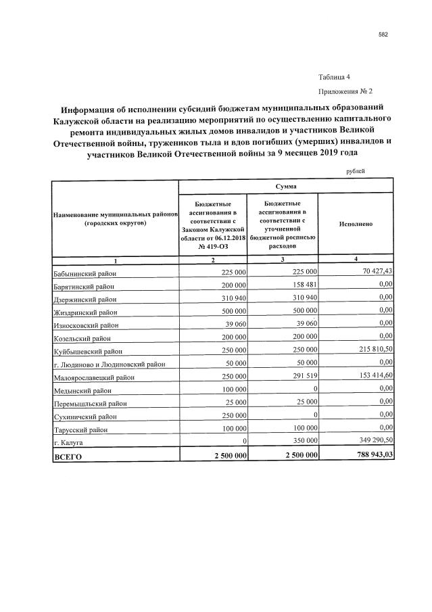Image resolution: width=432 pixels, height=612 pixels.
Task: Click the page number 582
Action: [382, 34]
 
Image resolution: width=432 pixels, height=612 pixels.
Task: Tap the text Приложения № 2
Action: [345, 91]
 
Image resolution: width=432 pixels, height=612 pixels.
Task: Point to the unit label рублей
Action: [355, 171]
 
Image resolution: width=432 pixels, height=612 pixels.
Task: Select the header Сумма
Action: [285, 185]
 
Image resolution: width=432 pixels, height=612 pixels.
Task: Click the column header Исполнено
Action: [355, 223]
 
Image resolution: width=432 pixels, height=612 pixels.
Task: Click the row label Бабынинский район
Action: [85, 273]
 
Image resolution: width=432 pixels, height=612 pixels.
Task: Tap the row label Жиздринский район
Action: [85, 312]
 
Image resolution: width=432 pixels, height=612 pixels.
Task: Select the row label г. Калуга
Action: [68, 442]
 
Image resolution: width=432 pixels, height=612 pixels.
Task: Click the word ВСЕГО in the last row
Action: [68, 457]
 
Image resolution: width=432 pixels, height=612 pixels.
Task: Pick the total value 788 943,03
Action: [368, 455]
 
